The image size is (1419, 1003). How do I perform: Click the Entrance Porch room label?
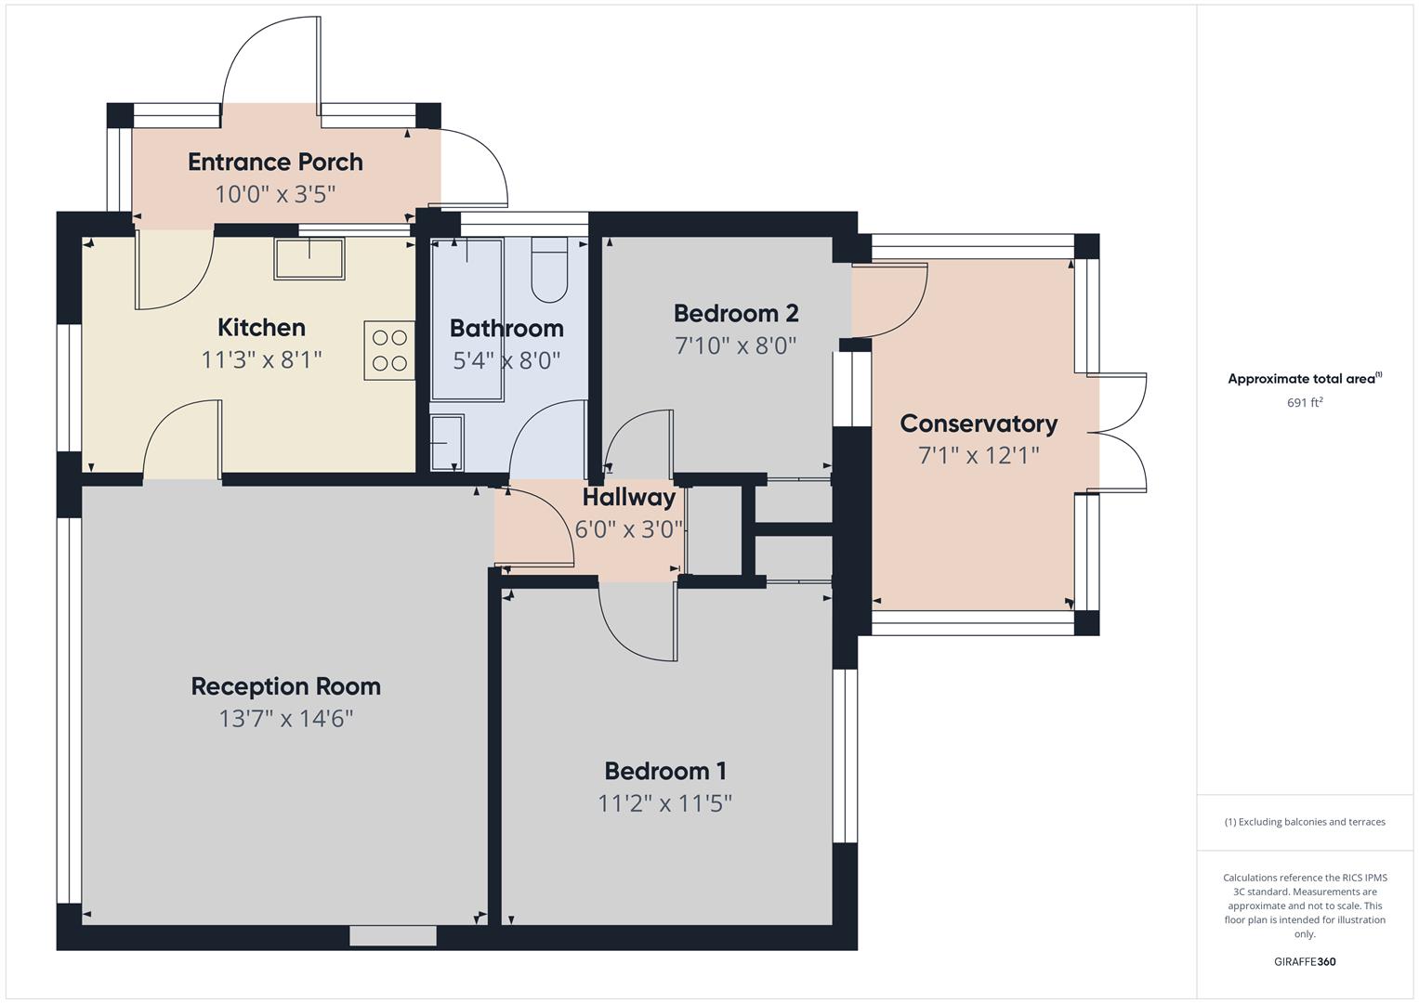click(275, 162)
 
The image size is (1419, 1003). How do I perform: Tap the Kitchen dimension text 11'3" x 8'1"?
click(261, 359)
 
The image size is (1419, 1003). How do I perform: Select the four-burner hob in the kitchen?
click(389, 350)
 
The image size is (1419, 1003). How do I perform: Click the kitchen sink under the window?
click(309, 258)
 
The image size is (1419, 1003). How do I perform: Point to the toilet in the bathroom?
click(549, 271)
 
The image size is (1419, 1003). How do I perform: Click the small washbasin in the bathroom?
click(447, 442)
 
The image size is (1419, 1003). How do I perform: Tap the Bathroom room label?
click(506, 328)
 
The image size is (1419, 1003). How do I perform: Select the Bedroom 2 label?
click(736, 313)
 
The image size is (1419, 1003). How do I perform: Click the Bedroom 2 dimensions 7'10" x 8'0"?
click(736, 345)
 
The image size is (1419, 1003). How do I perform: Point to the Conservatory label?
click(979, 423)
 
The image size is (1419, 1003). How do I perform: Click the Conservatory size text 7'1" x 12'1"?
click(979, 455)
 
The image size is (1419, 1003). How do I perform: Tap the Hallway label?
click(629, 497)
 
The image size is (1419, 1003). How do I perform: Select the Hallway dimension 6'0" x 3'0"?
click(629, 529)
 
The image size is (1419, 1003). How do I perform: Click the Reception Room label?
click(285, 686)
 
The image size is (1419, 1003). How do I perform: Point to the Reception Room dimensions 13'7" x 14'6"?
click(285, 718)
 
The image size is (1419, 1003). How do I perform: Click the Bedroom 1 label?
click(665, 771)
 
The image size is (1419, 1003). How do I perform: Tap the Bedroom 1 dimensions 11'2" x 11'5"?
click(665, 802)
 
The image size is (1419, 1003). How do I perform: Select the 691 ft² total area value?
click(1305, 402)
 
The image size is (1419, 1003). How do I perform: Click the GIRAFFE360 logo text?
click(1305, 961)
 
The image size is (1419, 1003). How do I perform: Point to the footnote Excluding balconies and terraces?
click(1305, 822)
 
